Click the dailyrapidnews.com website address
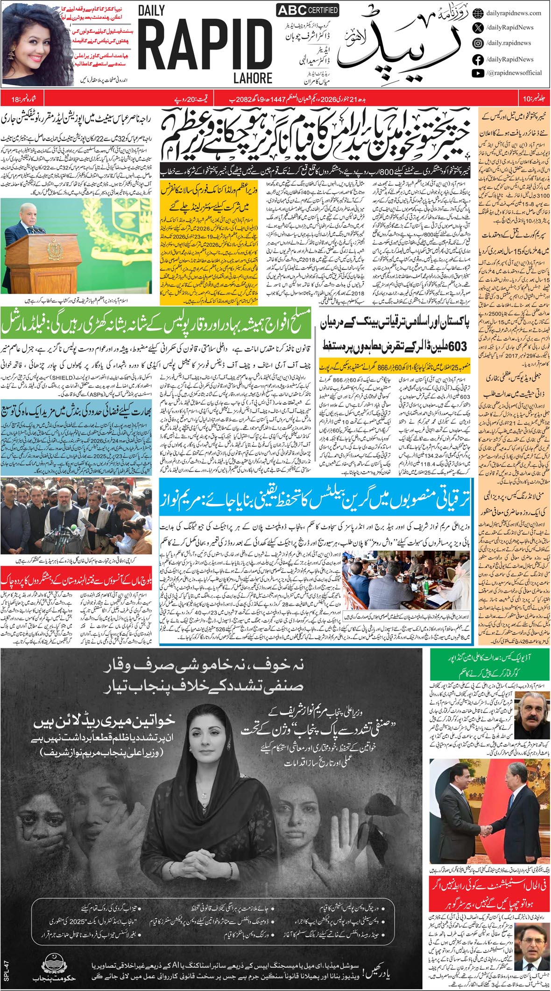513,13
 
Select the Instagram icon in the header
478,43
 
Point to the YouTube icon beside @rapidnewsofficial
478,73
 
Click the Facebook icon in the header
478,59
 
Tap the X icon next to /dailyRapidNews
478,28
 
